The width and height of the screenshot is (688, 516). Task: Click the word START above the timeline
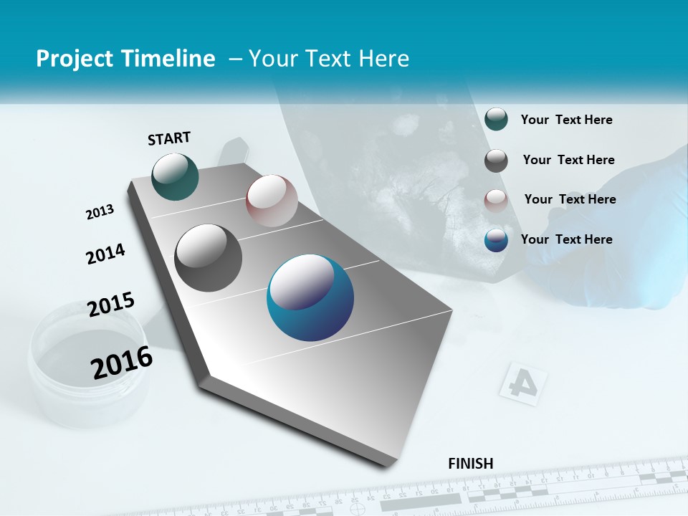(x=169, y=138)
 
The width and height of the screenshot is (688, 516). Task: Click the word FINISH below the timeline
(x=471, y=463)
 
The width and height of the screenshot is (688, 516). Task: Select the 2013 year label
(x=100, y=212)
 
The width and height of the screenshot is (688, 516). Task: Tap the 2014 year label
(x=105, y=254)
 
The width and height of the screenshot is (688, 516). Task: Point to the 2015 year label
(x=111, y=305)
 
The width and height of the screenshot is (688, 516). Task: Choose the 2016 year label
(x=122, y=363)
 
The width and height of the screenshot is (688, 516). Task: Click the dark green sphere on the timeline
(x=176, y=177)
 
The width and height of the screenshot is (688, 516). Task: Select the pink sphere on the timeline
(x=272, y=201)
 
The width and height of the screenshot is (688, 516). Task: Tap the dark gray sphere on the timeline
(x=209, y=258)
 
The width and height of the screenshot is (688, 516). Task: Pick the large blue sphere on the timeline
(x=310, y=297)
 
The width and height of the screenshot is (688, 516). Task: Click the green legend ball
(x=496, y=120)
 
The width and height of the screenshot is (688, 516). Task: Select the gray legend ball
(x=496, y=161)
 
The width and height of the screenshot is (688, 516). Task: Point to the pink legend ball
(x=496, y=200)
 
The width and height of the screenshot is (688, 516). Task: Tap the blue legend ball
(x=496, y=240)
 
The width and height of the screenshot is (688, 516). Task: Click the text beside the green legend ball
(x=566, y=120)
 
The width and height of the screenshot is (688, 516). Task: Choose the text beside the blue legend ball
(x=566, y=239)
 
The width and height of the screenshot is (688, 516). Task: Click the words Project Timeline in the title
(x=125, y=59)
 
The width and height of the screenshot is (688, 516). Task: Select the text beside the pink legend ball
(x=570, y=199)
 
